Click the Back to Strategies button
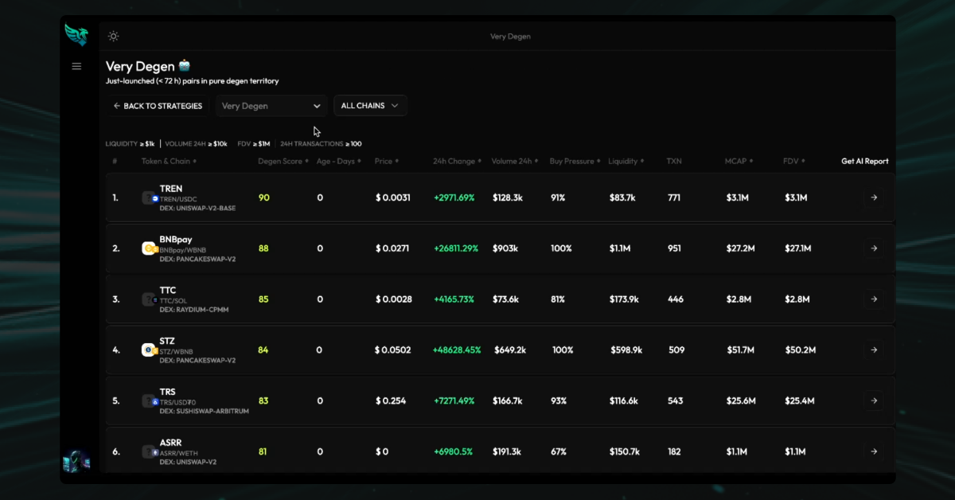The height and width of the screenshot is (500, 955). [x=158, y=106]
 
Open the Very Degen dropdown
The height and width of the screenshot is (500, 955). [x=271, y=106]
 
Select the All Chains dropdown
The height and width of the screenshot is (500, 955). [x=370, y=106]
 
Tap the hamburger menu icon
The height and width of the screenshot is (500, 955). [x=76, y=66]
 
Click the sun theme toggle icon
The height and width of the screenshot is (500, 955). [x=114, y=37]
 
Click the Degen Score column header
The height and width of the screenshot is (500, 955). [x=280, y=162]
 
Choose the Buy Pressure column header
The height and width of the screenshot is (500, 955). [x=571, y=162]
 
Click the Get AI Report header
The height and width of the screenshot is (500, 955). [x=865, y=162]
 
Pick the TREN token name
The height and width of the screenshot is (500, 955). [x=171, y=189]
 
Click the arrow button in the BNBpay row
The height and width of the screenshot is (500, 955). [x=873, y=248]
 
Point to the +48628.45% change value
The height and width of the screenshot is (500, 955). [x=457, y=350]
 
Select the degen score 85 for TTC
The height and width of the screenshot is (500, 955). [x=263, y=299]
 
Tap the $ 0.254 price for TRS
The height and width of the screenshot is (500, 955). [x=391, y=401]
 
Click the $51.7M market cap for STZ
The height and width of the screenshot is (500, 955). [x=742, y=350]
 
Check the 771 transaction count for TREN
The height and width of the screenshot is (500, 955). [x=674, y=197]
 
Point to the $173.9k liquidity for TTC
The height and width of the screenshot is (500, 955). [x=624, y=299]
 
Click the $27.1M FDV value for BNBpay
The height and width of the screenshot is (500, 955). [x=797, y=248]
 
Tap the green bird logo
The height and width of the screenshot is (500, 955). [x=76, y=35]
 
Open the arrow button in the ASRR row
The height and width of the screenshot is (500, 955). [x=873, y=452]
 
